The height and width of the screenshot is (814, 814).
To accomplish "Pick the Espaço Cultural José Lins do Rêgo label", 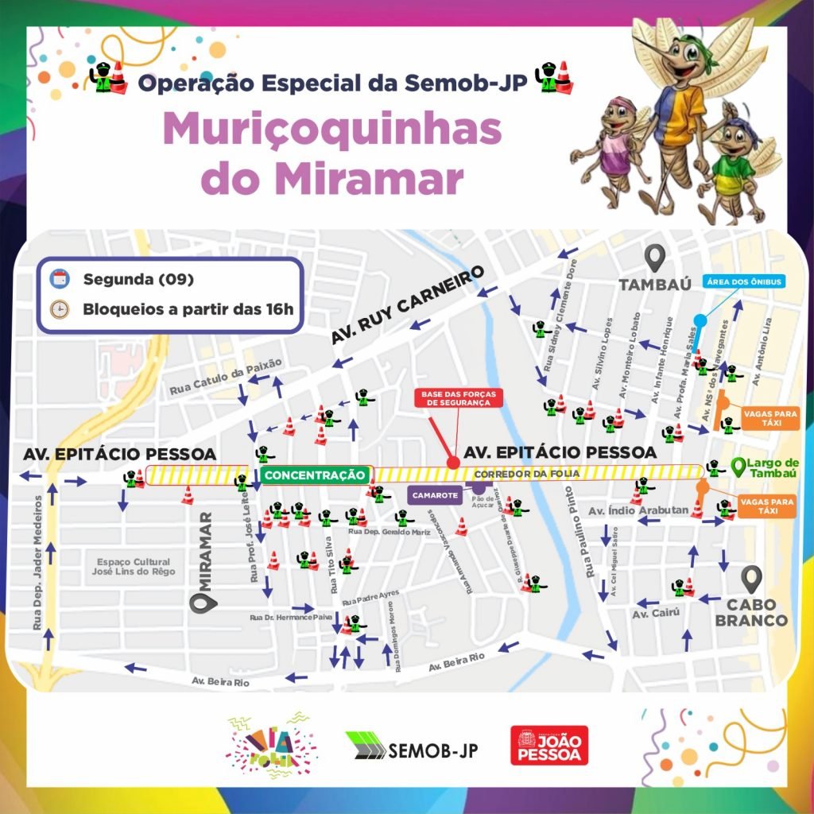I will click(x=133, y=566).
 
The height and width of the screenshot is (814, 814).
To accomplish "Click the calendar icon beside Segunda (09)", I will click(x=58, y=279).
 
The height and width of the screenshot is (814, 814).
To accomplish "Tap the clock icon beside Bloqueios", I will click(x=58, y=309).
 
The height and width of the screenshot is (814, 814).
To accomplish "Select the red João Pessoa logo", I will click(x=548, y=746).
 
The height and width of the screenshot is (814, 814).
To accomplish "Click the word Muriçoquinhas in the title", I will click(x=332, y=131).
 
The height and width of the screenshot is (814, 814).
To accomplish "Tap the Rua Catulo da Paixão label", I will click(x=226, y=376).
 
